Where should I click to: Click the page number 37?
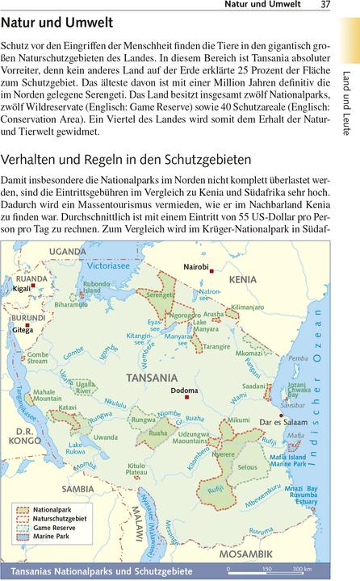[326, 6]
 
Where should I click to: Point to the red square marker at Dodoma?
[186, 397]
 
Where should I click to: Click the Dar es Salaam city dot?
[280, 415]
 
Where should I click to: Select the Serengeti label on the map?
[161, 295]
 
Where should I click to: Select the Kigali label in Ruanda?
[21, 287]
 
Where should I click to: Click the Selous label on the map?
[248, 467]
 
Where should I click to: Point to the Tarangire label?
[216, 346]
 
